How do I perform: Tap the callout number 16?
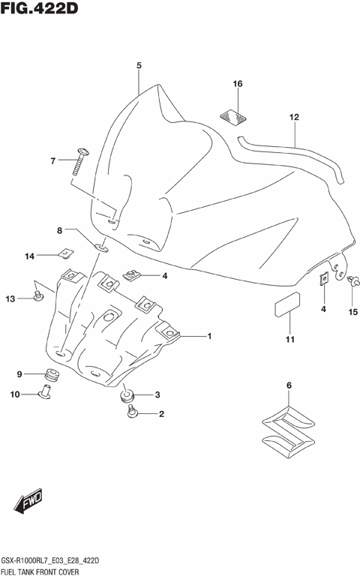pyautogui.click(x=237, y=84)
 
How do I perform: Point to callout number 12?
pyautogui.click(x=294, y=117)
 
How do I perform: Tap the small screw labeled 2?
pyautogui.click(x=133, y=411)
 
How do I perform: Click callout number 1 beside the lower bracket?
pyautogui.click(x=209, y=336)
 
